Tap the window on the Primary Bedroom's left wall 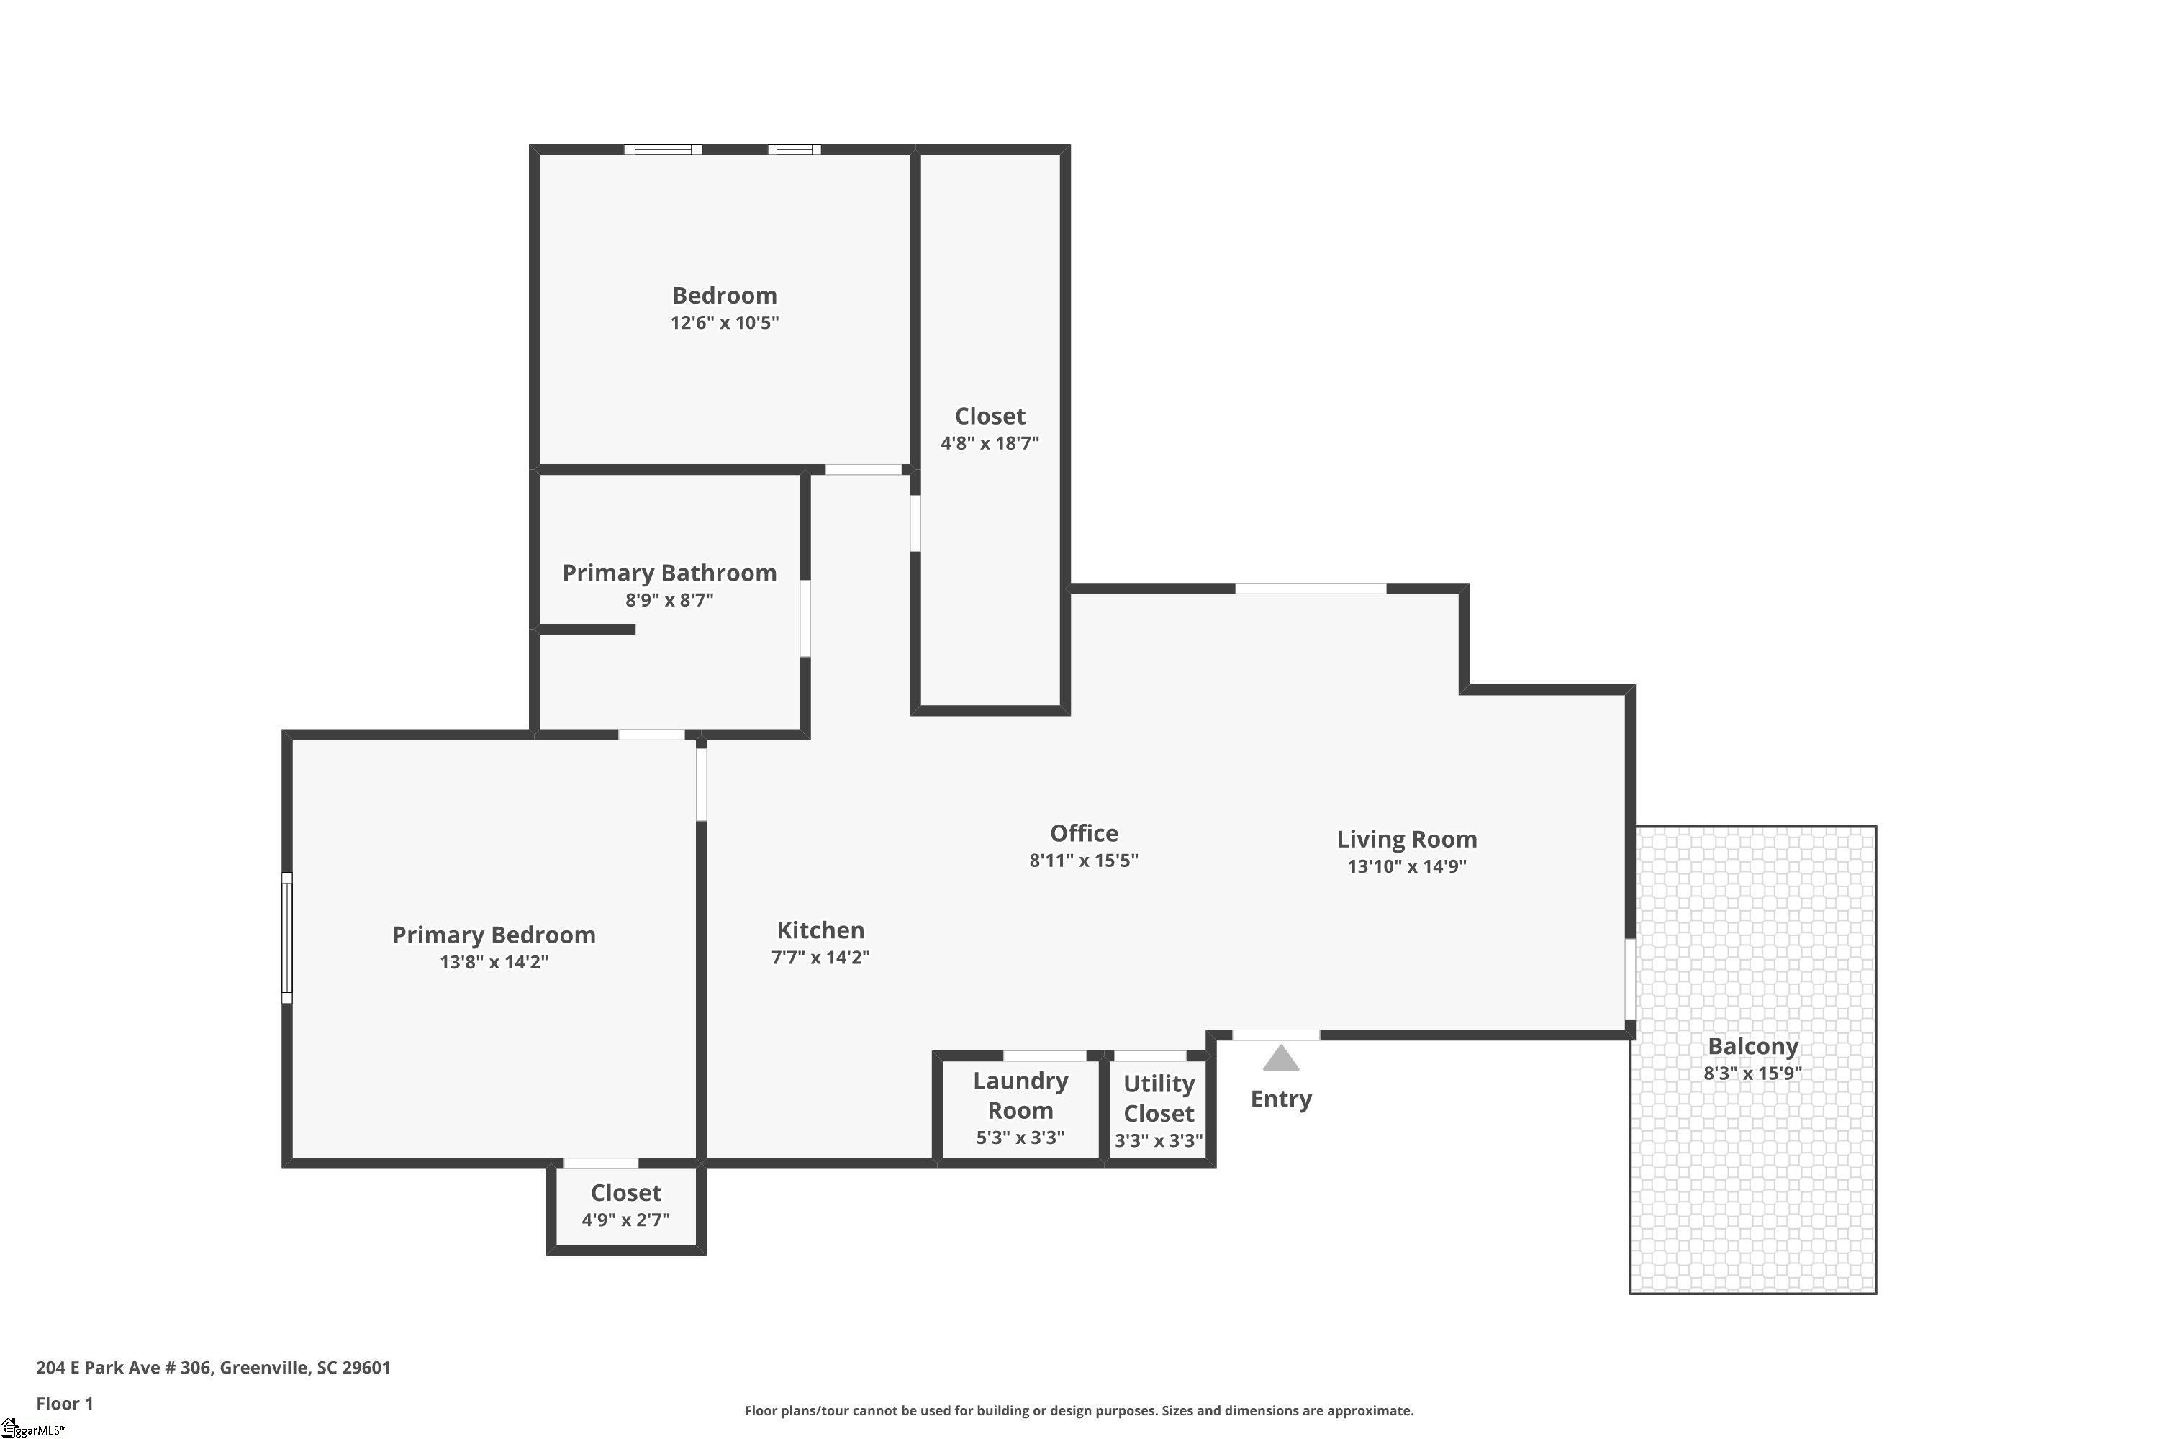[286, 938]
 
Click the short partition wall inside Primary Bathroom [587, 630]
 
